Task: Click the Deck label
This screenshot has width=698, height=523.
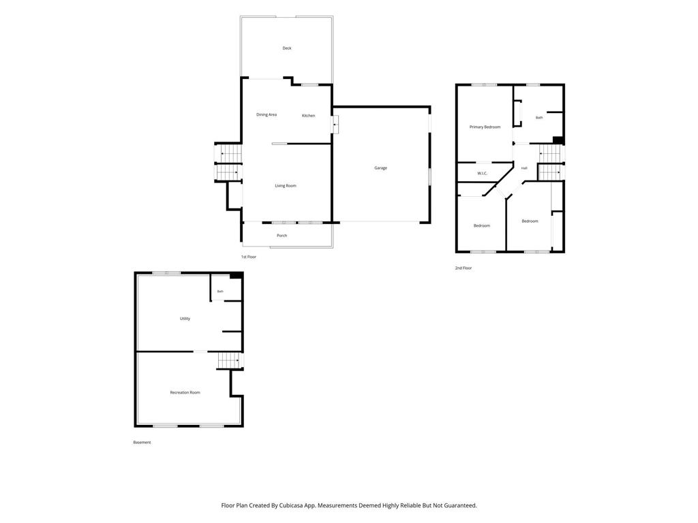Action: pyautogui.click(x=287, y=48)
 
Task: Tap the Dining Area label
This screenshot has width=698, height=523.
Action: pyautogui.click(x=267, y=114)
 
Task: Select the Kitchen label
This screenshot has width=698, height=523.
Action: pyautogui.click(x=309, y=116)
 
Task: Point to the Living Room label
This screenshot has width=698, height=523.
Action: pyautogui.click(x=286, y=185)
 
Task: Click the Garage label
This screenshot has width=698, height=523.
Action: pyautogui.click(x=380, y=168)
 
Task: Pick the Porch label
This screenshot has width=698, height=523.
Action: pyautogui.click(x=282, y=235)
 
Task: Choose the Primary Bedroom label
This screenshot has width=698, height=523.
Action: pyautogui.click(x=485, y=127)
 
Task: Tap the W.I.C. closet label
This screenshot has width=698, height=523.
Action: pyautogui.click(x=483, y=173)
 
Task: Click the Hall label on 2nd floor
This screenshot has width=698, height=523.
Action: pyautogui.click(x=524, y=168)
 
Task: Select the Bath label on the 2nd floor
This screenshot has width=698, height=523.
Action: pyautogui.click(x=539, y=117)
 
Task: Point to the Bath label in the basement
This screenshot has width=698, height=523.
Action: pyautogui.click(x=220, y=291)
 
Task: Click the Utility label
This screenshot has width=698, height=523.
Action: pyautogui.click(x=185, y=319)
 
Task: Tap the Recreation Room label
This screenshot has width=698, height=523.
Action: pyautogui.click(x=185, y=392)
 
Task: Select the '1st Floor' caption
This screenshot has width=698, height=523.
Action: pyautogui.click(x=248, y=257)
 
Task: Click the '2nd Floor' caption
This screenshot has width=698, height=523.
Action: pyautogui.click(x=463, y=268)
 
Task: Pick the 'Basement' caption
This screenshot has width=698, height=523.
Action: pyautogui.click(x=142, y=442)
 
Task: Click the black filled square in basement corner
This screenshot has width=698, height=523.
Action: pyautogui.click(x=236, y=276)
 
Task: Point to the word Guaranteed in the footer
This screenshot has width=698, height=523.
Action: pyautogui.click(x=460, y=505)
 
